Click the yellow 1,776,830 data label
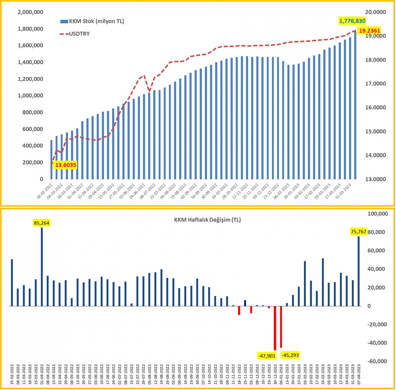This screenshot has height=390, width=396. (x=352, y=21)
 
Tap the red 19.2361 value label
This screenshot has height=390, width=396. (x=369, y=31)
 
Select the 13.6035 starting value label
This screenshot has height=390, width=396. (x=65, y=165)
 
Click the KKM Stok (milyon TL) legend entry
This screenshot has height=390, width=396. (x=92, y=21)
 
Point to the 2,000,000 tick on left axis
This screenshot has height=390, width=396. (x=30, y=12)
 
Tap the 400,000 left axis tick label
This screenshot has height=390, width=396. (x=32, y=146)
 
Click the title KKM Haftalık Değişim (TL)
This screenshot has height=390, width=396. (x=207, y=220)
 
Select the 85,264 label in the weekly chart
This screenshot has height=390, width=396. (x=42, y=223)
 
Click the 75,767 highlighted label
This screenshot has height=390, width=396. (x=359, y=232)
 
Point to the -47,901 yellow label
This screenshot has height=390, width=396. (x=267, y=356)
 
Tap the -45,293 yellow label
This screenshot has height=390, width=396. (x=290, y=355)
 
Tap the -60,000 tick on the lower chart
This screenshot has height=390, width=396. (x=377, y=361)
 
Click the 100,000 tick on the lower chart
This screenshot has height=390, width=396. (x=377, y=214)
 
